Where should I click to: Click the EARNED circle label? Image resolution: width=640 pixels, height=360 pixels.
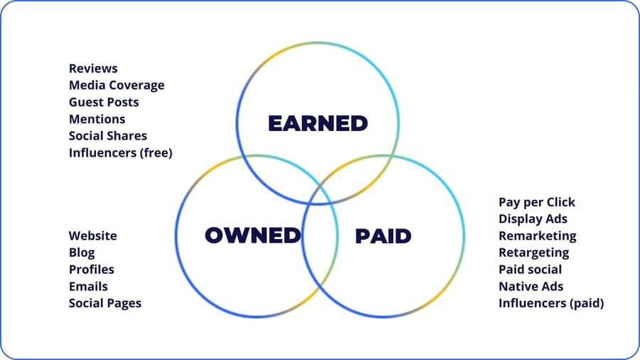tap(318, 123)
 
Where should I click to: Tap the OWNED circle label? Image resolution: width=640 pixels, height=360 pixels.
tap(252, 235)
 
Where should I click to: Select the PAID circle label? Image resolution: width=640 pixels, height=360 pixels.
tap(383, 235)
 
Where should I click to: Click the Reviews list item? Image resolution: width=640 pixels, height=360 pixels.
tap(93, 68)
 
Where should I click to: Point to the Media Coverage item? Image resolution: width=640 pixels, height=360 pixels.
tap(117, 85)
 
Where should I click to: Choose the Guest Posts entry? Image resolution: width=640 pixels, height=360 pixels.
tap(104, 102)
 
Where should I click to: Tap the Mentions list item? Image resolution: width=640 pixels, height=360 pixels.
tap(97, 119)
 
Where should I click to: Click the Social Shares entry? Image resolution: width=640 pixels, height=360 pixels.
tap(108, 136)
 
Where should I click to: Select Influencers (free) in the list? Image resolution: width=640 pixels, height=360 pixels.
tap(121, 153)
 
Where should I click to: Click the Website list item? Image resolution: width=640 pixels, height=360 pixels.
tap(93, 235)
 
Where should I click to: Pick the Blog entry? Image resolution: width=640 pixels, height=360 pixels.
tap(82, 253)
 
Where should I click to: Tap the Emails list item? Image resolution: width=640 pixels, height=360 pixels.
tap(88, 286)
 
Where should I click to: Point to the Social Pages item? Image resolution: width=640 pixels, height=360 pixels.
tap(105, 303)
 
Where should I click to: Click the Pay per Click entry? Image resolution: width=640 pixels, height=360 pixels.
tap(537, 202)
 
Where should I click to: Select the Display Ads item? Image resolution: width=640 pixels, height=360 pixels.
tap(533, 218)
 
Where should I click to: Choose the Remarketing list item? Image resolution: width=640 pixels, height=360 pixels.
tap(538, 235)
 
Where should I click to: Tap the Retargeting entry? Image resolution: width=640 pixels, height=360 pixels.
tap(534, 253)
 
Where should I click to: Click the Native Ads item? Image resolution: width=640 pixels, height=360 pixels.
tap(531, 286)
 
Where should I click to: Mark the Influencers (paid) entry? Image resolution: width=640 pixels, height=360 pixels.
tap(551, 303)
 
